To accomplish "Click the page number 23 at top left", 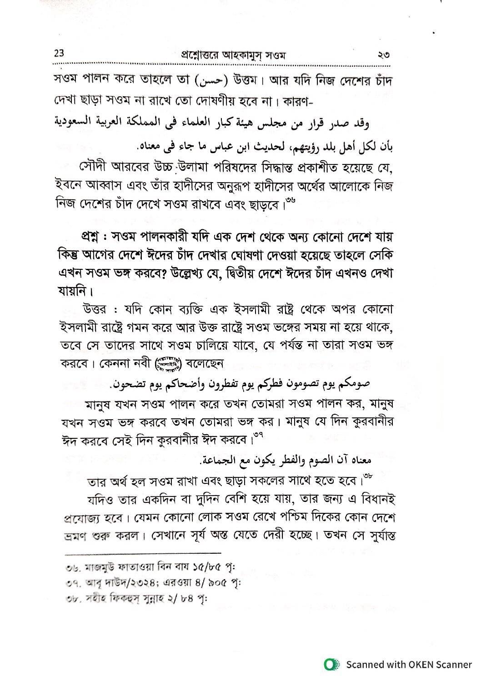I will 59,54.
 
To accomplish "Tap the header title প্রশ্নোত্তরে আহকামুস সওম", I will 222,55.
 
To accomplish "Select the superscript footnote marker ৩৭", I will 258,435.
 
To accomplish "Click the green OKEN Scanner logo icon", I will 331,665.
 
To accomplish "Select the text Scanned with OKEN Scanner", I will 409,665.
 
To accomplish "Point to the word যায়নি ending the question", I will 75,289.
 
